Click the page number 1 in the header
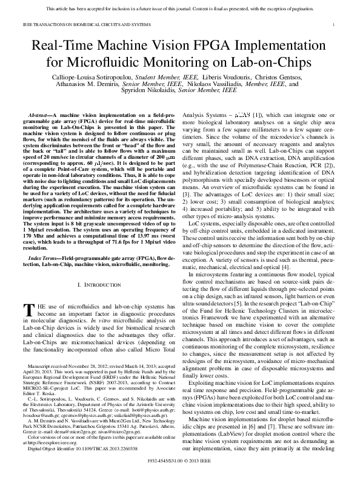click(x=335, y=24)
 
